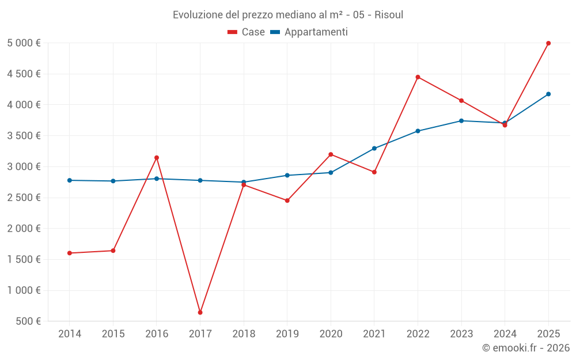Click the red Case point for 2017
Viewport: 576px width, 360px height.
click(200, 312)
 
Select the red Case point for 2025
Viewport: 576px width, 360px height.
click(548, 43)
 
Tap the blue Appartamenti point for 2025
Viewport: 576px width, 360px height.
click(548, 94)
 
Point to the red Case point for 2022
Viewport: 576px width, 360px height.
click(418, 77)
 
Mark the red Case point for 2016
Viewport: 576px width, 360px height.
click(157, 158)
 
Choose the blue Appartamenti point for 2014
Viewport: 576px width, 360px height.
click(70, 180)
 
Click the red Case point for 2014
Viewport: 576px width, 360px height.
click(70, 253)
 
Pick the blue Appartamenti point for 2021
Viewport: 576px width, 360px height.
click(374, 149)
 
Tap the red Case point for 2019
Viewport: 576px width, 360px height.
click(287, 200)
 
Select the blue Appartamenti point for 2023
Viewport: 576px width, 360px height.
click(461, 121)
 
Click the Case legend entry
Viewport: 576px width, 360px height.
click(247, 32)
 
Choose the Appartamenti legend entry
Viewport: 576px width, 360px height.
click(309, 32)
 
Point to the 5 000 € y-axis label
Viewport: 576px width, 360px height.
click(24, 43)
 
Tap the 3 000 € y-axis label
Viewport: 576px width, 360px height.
click(24, 167)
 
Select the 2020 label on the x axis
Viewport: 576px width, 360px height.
click(331, 334)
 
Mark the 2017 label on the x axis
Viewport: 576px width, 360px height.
click(200, 334)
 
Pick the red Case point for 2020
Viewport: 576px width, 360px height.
click(331, 154)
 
